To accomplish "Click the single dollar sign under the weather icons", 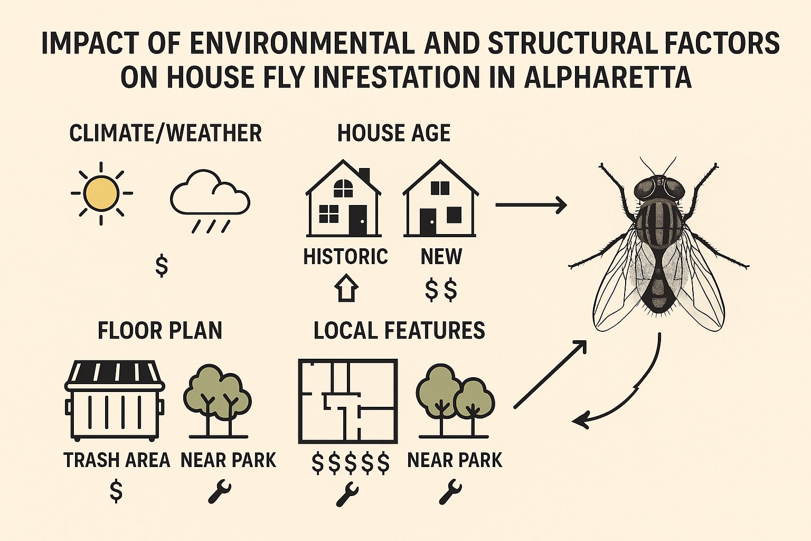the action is (x=162, y=266).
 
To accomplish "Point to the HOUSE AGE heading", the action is (x=394, y=133).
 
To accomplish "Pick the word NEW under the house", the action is (x=441, y=257).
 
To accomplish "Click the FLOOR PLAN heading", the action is (x=159, y=331).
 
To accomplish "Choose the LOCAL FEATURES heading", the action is (x=399, y=331).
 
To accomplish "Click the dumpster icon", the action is (x=115, y=400).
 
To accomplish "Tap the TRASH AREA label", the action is (x=117, y=460).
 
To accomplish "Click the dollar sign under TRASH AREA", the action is (x=116, y=491).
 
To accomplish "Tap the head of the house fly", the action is (x=659, y=188).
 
